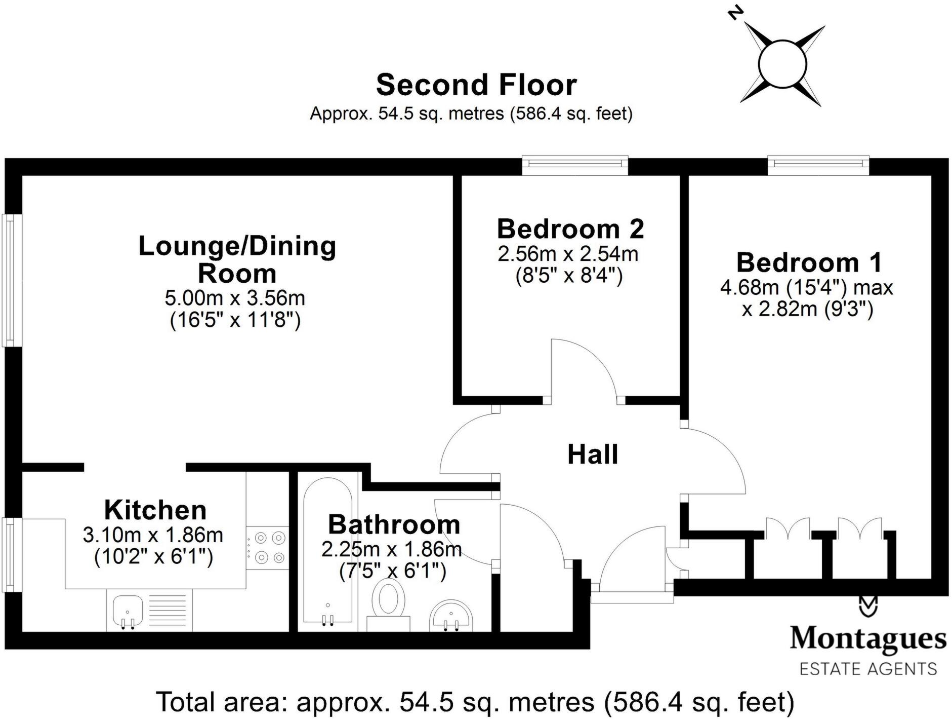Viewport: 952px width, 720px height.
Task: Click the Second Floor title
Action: (x=476, y=85)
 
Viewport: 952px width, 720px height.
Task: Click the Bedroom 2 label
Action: (x=570, y=229)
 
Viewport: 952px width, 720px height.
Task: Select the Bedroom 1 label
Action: (x=809, y=262)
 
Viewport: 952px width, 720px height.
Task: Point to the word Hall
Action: (x=592, y=454)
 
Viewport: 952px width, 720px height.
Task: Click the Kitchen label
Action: (x=155, y=510)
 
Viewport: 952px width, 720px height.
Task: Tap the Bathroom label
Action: (x=394, y=524)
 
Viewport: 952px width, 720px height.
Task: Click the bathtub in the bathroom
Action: (x=327, y=550)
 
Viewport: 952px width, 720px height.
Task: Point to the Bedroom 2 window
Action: (x=575, y=164)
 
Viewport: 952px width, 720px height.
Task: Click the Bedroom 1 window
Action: (x=818, y=164)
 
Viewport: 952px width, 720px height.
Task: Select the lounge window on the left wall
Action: (x=9, y=280)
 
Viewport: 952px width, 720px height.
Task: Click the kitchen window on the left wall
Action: (x=9, y=554)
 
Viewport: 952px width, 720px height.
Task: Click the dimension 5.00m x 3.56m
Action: (x=235, y=298)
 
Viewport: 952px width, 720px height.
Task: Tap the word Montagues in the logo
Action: (x=867, y=638)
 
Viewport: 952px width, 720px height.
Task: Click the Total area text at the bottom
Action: (x=475, y=702)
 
